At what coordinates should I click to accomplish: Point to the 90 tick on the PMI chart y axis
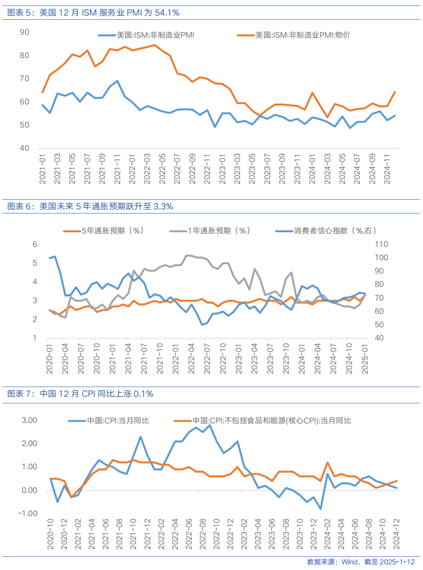point(24,32)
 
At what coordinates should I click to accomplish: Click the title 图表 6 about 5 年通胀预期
point(90,207)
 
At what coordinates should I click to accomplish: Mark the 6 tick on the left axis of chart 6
point(35,244)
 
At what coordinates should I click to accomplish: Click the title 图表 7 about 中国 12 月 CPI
point(80,394)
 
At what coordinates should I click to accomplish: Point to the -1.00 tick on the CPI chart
point(29,513)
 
